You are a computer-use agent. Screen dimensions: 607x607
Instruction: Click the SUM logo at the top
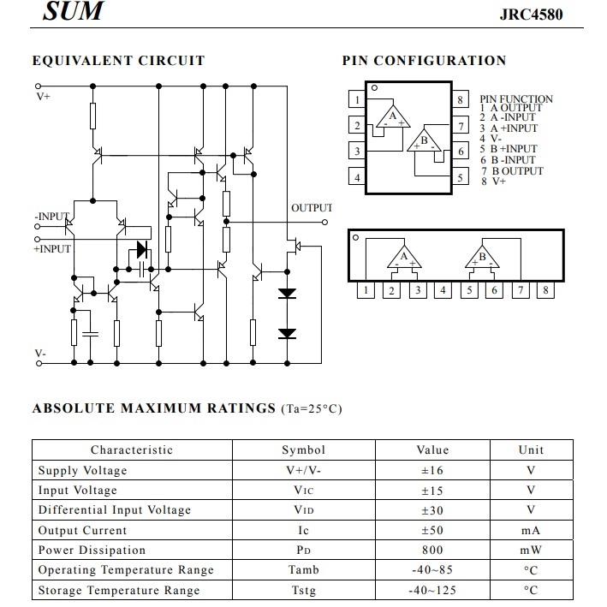tap(74, 11)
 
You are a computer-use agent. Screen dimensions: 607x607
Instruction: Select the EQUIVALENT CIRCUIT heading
tap(118, 61)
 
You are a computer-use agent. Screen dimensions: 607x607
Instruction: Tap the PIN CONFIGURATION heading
tap(424, 61)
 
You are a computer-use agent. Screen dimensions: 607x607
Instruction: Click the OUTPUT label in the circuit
tap(311, 208)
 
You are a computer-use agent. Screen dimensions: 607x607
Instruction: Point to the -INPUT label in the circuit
tap(51, 217)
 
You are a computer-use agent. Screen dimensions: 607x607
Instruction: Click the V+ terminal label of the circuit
tap(43, 97)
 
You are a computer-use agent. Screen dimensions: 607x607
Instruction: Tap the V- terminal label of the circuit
tap(40, 353)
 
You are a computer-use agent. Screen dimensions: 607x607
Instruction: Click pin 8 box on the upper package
tap(461, 100)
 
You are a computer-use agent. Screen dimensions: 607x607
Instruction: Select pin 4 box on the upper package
tap(356, 178)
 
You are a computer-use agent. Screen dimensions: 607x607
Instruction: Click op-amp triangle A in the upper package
tap(393, 117)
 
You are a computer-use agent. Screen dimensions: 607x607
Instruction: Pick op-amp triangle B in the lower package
tap(482, 258)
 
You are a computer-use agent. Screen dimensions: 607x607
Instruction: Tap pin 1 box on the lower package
tap(366, 290)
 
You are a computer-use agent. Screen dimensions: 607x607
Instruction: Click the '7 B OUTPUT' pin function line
tap(511, 170)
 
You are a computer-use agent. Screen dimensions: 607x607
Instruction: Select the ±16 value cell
tap(432, 470)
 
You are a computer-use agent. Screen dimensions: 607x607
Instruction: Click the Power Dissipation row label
tap(92, 550)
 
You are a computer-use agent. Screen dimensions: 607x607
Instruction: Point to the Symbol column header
tap(303, 449)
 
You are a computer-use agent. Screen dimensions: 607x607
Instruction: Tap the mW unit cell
tap(531, 550)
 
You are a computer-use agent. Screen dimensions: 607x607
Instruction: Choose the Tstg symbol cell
tap(303, 590)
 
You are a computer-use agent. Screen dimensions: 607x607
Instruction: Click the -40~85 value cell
tap(432, 570)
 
